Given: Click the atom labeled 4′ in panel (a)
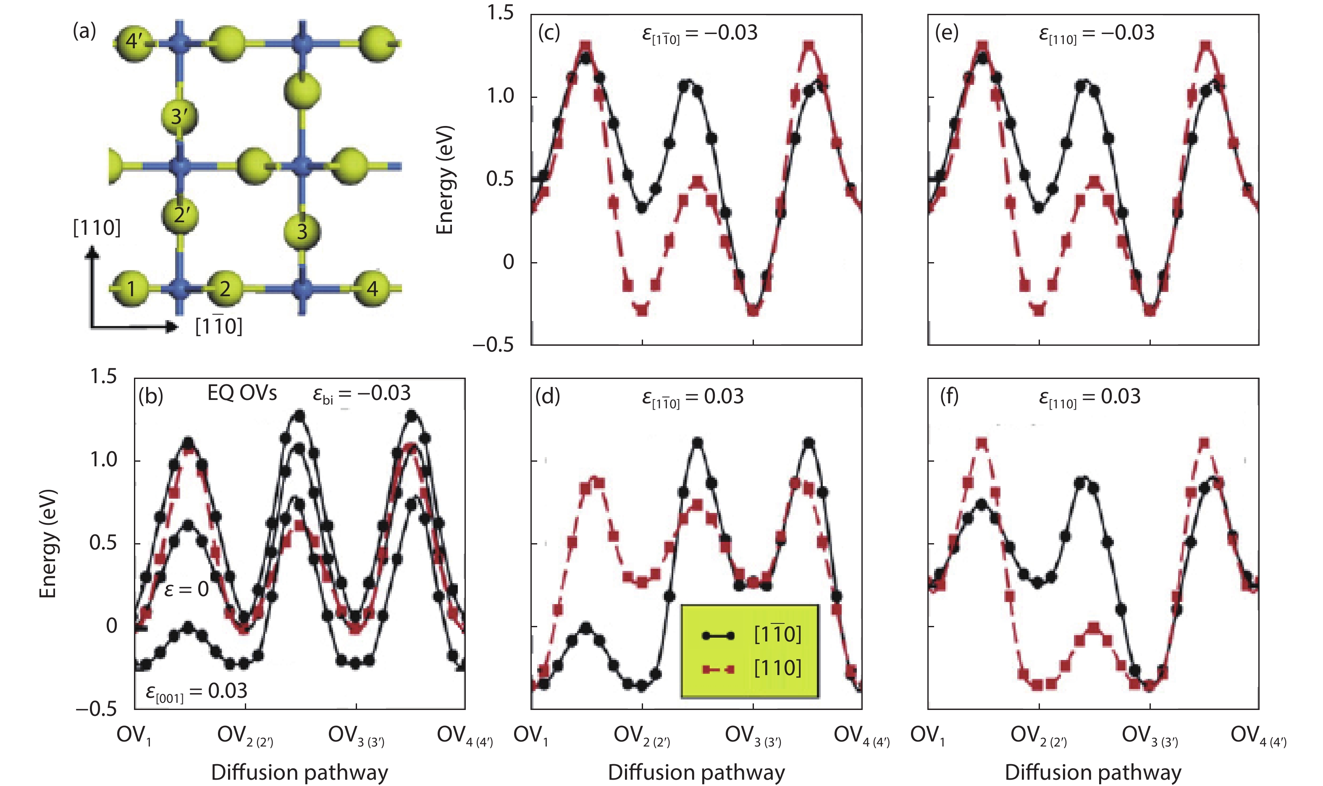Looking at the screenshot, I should click(x=132, y=41).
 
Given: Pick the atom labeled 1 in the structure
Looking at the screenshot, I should click(x=131, y=289).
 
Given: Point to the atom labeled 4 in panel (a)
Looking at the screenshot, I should click(x=372, y=289).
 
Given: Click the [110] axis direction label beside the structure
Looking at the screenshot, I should click(x=97, y=228).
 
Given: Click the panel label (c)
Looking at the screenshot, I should click(x=549, y=33).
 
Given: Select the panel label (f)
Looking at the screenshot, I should click(x=949, y=396).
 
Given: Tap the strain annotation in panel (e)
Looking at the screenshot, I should click(x=1097, y=33).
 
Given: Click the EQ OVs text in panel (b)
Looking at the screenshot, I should click(x=242, y=393).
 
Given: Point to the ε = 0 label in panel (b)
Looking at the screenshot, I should click(x=186, y=589).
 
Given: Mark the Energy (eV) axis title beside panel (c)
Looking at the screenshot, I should click(x=444, y=180).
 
